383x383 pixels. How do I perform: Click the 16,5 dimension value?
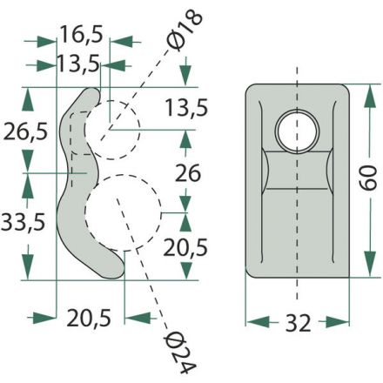[x=82, y=35]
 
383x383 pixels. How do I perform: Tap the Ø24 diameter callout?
[x=179, y=352]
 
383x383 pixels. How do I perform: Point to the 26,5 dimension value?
[x=25, y=132]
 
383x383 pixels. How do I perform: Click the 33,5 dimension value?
[x=24, y=222]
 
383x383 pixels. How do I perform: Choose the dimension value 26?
[x=188, y=173]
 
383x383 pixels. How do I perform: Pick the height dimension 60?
[x=367, y=178]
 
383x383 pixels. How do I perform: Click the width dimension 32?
[x=298, y=323]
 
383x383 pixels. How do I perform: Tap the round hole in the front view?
[x=297, y=131]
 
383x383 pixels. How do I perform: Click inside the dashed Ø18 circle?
[x=112, y=130]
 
